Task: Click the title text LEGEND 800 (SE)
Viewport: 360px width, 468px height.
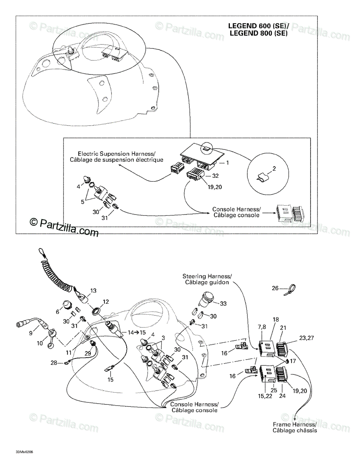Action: point(258,33)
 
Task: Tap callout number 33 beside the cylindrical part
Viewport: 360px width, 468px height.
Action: point(223,303)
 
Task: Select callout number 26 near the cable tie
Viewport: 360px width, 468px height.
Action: point(275,289)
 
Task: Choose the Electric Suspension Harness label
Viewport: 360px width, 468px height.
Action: point(117,157)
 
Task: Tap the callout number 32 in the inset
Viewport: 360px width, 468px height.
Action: point(215,176)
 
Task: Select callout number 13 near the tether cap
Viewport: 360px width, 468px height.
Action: point(93,291)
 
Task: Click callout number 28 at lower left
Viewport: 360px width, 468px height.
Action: point(53,363)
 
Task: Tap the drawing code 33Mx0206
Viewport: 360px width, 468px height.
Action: point(25,452)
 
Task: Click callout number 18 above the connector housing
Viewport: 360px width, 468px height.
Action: point(275,319)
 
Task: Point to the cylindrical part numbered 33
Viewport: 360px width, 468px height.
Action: point(208,299)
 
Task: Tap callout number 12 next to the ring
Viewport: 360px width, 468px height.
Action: point(106,301)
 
